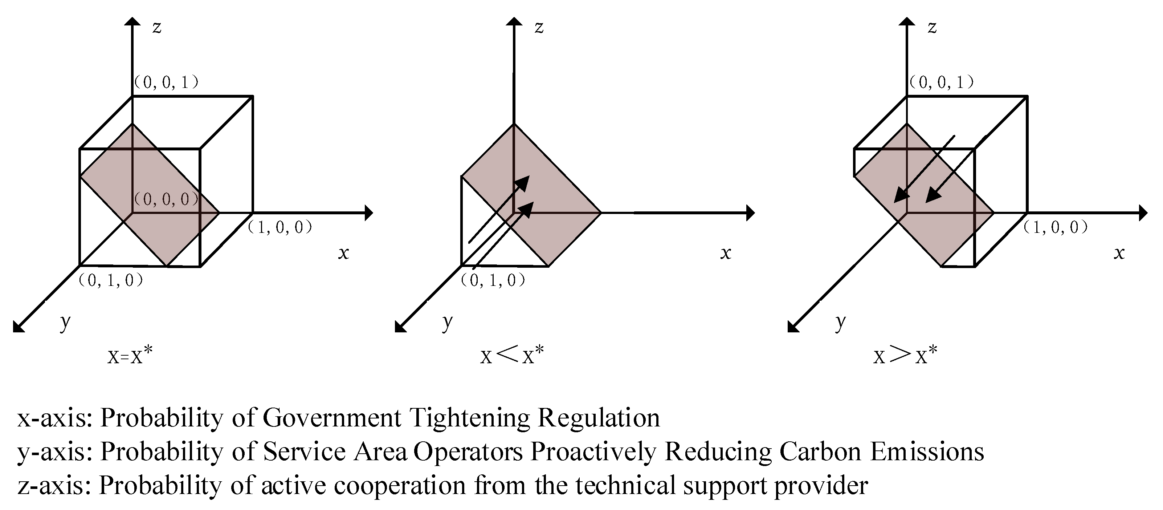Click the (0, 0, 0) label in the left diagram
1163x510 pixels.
coord(167,199)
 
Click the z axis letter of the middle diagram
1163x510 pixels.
coord(539,27)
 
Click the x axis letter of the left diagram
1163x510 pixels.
coord(344,253)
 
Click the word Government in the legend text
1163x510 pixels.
coord(332,417)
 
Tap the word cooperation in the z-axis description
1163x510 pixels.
coord(400,486)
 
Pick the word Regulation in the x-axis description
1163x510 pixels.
coord(599,417)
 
